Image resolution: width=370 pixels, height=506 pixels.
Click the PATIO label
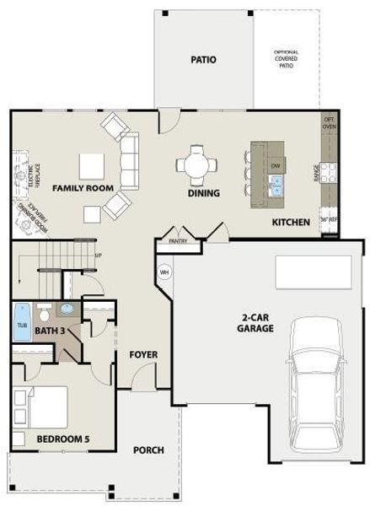[203, 60]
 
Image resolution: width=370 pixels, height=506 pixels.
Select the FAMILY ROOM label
[83, 188]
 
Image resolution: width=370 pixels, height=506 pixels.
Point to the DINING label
[203, 193]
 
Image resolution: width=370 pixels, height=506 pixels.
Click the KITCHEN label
[291, 223]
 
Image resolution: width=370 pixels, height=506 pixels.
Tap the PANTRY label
[178, 241]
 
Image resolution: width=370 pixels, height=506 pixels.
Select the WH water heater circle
[164, 272]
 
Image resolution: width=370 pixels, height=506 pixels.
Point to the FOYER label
[142, 354]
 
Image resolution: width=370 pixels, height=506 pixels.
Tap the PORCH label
[148, 449]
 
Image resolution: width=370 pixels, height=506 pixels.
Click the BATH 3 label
[51, 331]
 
